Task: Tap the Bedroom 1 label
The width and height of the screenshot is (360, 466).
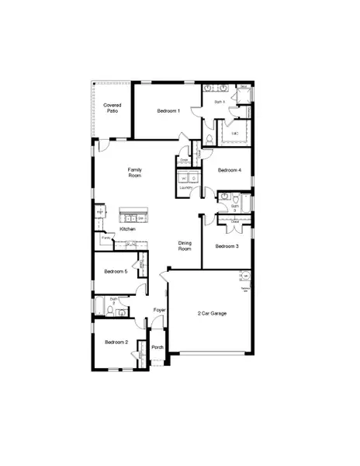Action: pyautogui.click(x=168, y=111)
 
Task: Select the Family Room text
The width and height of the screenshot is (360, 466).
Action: pyautogui.click(x=135, y=172)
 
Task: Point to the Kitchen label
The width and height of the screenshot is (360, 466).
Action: pyautogui.click(x=128, y=229)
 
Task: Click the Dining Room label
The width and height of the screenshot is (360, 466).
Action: pyautogui.click(x=185, y=246)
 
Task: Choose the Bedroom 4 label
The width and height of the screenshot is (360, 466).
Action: pyautogui.click(x=229, y=170)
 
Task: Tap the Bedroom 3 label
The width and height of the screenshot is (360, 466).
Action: pyautogui.click(x=227, y=246)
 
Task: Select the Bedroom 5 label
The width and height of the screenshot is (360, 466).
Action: pyautogui.click(x=115, y=271)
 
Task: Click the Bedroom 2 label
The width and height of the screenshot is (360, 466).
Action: pyautogui.click(x=115, y=342)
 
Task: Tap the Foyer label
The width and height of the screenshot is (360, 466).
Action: pyautogui.click(x=159, y=311)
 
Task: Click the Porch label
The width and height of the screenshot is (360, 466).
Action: pyautogui.click(x=157, y=347)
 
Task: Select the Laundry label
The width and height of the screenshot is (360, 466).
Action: pyautogui.click(x=185, y=187)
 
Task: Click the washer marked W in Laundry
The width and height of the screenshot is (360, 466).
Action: pyautogui.click(x=183, y=178)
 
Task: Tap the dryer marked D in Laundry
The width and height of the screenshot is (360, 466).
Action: pyautogui.click(x=192, y=178)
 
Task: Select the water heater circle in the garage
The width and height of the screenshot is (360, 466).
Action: pyautogui.click(x=244, y=276)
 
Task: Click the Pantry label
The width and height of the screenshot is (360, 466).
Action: pyautogui.click(x=105, y=238)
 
